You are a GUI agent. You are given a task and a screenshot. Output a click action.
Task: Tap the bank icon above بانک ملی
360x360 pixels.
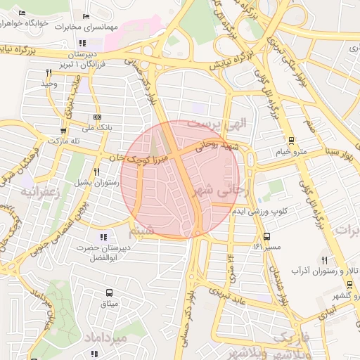tap(96, 117)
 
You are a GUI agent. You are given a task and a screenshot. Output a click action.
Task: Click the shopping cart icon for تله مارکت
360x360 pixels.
tap(64, 130)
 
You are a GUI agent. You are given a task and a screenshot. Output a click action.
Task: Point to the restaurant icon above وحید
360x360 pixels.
tap(49, 72)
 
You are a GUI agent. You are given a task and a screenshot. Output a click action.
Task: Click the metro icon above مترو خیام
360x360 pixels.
tap(292, 141)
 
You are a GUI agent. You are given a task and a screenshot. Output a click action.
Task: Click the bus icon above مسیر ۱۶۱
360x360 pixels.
tap(266, 236)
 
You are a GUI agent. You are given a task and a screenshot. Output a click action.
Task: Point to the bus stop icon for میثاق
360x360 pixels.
tap(109, 292)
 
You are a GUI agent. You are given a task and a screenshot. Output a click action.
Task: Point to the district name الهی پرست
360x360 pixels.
tap(220, 123)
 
